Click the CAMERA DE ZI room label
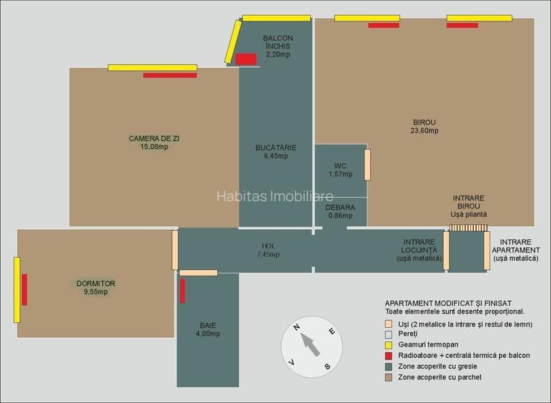[x=149, y=142]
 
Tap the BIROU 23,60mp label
[x=424, y=127]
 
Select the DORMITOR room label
[x=96, y=288]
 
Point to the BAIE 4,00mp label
[x=208, y=329]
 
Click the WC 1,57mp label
[x=340, y=170]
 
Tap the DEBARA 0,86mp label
[x=340, y=210]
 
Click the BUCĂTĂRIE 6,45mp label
[x=275, y=152]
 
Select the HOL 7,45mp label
[x=268, y=251]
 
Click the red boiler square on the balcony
[x=246, y=59]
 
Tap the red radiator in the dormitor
[x=24, y=289]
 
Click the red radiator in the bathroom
[x=182, y=291]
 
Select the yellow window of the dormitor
[x=16, y=290]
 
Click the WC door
[x=367, y=165]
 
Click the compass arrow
[x=310, y=345]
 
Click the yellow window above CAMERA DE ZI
[x=152, y=68]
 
